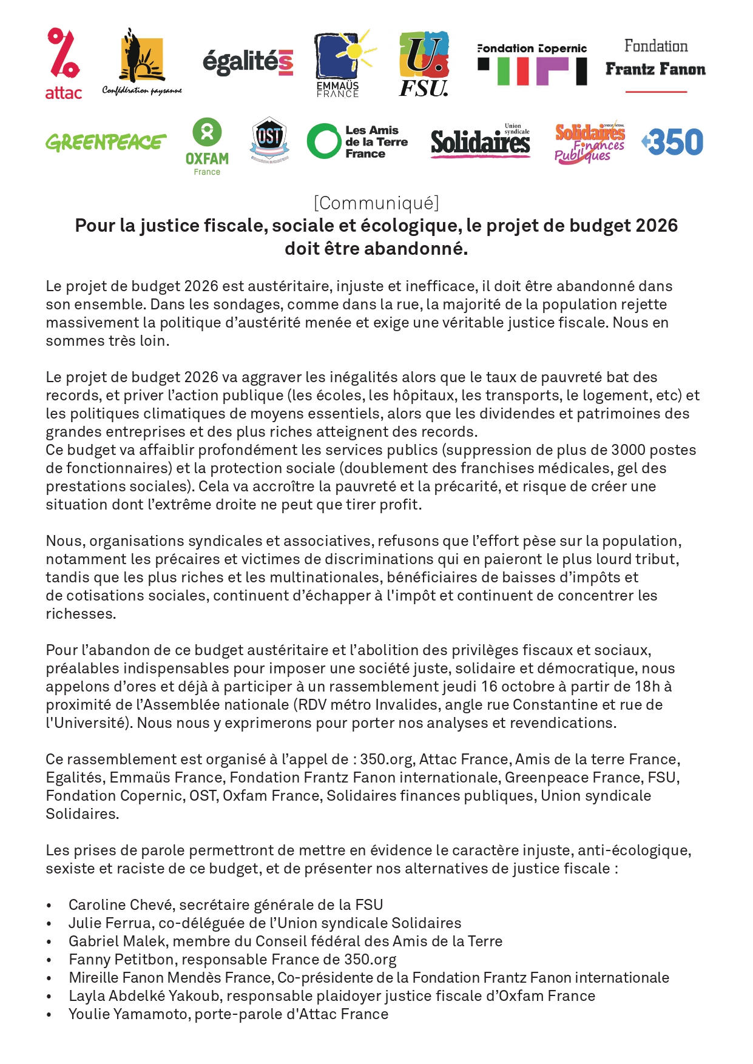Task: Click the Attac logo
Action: point(64,63)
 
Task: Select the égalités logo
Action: point(248,62)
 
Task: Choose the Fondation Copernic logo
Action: point(532,64)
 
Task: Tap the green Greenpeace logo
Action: point(106,143)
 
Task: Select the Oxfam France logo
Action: point(207,146)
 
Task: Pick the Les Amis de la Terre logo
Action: point(357,142)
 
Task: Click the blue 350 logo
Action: point(673,142)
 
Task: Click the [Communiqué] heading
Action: point(376,203)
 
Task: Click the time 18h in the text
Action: point(647,687)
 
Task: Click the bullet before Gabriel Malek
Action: point(49,942)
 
